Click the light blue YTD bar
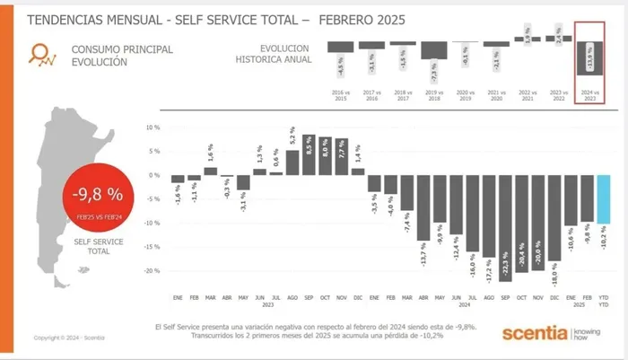(603, 198)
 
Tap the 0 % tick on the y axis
(152, 174)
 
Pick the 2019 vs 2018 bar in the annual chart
(434, 49)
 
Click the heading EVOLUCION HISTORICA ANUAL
(273, 53)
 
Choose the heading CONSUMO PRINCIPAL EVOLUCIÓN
(120, 56)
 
